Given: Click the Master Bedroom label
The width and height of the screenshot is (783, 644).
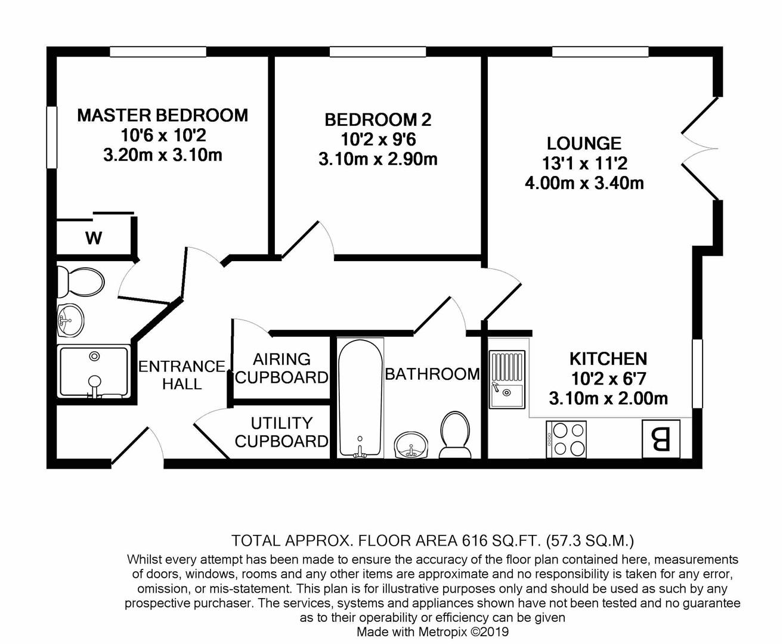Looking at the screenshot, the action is [x=163, y=116].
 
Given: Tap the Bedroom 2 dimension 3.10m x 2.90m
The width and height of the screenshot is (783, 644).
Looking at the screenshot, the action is [x=378, y=160].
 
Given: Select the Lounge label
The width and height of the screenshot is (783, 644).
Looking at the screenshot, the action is [x=584, y=144].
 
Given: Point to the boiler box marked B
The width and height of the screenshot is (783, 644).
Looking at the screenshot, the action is [x=661, y=439].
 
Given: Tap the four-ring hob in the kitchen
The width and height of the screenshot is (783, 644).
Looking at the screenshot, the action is [x=566, y=439].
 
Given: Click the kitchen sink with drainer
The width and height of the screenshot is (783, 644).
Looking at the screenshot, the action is [x=507, y=379].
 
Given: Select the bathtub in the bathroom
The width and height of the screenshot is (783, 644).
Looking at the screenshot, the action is [x=361, y=398].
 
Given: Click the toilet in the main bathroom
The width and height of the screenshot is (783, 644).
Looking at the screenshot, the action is [x=455, y=435].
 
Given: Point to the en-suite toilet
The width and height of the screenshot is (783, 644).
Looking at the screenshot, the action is [x=81, y=283].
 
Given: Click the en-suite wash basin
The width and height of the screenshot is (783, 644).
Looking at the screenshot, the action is [x=70, y=320].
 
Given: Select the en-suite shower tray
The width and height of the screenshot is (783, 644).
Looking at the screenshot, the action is [x=94, y=372].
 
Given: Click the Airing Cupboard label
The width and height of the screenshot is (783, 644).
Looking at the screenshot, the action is [x=282, y=368].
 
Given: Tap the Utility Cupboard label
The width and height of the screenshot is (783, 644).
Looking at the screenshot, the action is [x=282, y=432].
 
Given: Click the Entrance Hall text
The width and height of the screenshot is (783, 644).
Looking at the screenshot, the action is [x=182, y=375].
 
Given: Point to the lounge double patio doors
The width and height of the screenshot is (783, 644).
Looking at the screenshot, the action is [x=700, y=148].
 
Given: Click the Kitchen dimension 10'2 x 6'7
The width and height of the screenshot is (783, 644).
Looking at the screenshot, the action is [x=608, y=379].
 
